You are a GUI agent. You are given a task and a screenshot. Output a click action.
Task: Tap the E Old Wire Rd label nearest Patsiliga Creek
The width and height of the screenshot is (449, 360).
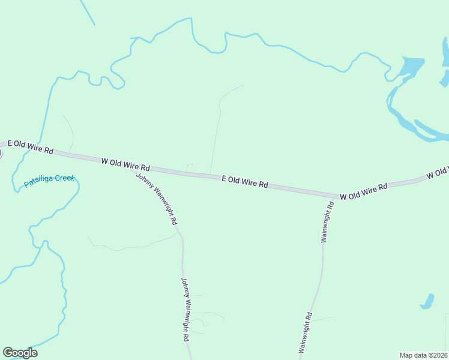click(x=31, y=148)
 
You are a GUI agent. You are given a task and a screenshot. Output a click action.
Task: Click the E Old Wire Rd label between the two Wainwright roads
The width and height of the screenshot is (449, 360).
click(x=245, y=182)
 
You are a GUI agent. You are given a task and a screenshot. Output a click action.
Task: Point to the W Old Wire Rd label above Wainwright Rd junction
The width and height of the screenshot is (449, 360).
click(x=364, y=192)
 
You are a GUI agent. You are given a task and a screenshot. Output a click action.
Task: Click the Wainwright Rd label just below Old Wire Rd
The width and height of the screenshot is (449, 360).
click(x=327, y=222)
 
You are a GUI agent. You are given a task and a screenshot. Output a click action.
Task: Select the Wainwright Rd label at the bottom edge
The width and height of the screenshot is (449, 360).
click(x=304, y=333)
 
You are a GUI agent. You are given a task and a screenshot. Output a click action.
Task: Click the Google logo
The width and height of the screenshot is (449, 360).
click(x=20, y=353)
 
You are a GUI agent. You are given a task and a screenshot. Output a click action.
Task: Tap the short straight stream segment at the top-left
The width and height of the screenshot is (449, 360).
click(x=87, y=12)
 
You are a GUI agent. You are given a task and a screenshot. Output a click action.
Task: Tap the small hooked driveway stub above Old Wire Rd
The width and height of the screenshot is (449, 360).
click(x=189, y=167)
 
